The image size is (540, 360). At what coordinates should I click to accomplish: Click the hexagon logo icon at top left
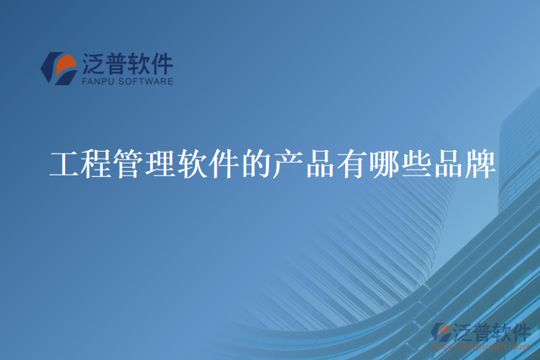tap(60, 68)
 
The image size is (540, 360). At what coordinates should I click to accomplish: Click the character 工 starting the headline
tap(65, 164)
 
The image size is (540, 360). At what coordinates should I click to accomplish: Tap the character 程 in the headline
tap(97, 164)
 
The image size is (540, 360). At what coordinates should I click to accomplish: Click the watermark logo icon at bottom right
tap(440, 333)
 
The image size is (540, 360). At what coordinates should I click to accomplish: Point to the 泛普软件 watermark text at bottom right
tap(490, 331)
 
